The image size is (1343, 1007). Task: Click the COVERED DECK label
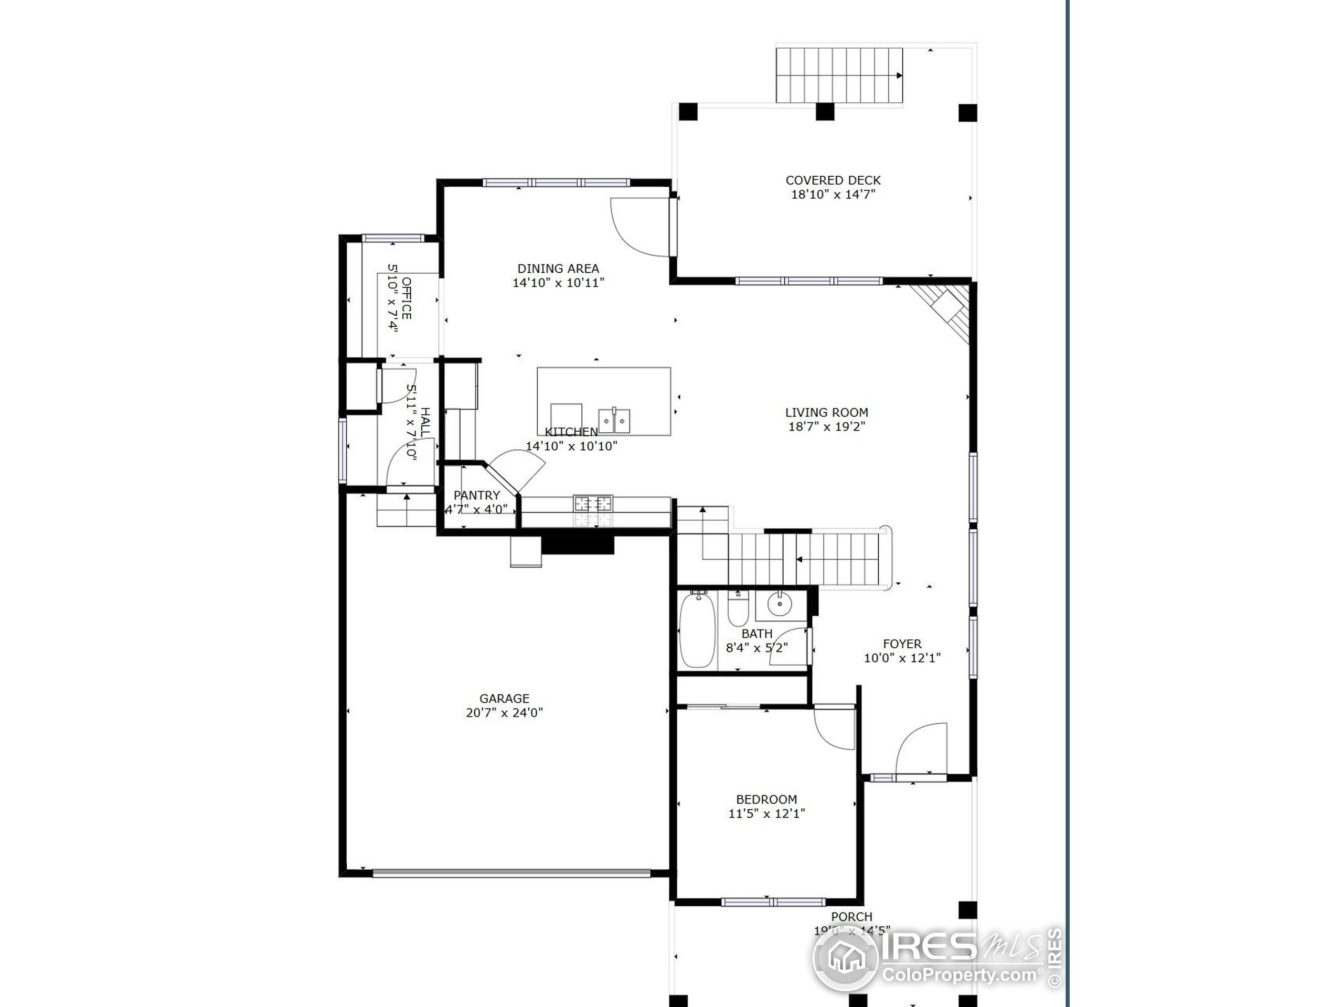click(x=833, y=180)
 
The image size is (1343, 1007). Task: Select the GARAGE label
click(x=504, y=699)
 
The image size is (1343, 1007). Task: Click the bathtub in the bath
click(x=697, y=631)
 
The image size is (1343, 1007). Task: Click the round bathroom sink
click(x=779, y=604)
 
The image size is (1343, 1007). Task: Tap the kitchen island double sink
click(x=614, y=420)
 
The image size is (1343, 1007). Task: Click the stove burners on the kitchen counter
click(x=593, y=503)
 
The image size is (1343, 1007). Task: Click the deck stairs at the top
click(x=838, y=76)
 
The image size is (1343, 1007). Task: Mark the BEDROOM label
click(x=766, y=799)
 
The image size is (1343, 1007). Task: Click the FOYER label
click(x=902, y=644)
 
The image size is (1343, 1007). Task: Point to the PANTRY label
click(x=476, y=495)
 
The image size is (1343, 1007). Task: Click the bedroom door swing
click(x=835, y=727)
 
